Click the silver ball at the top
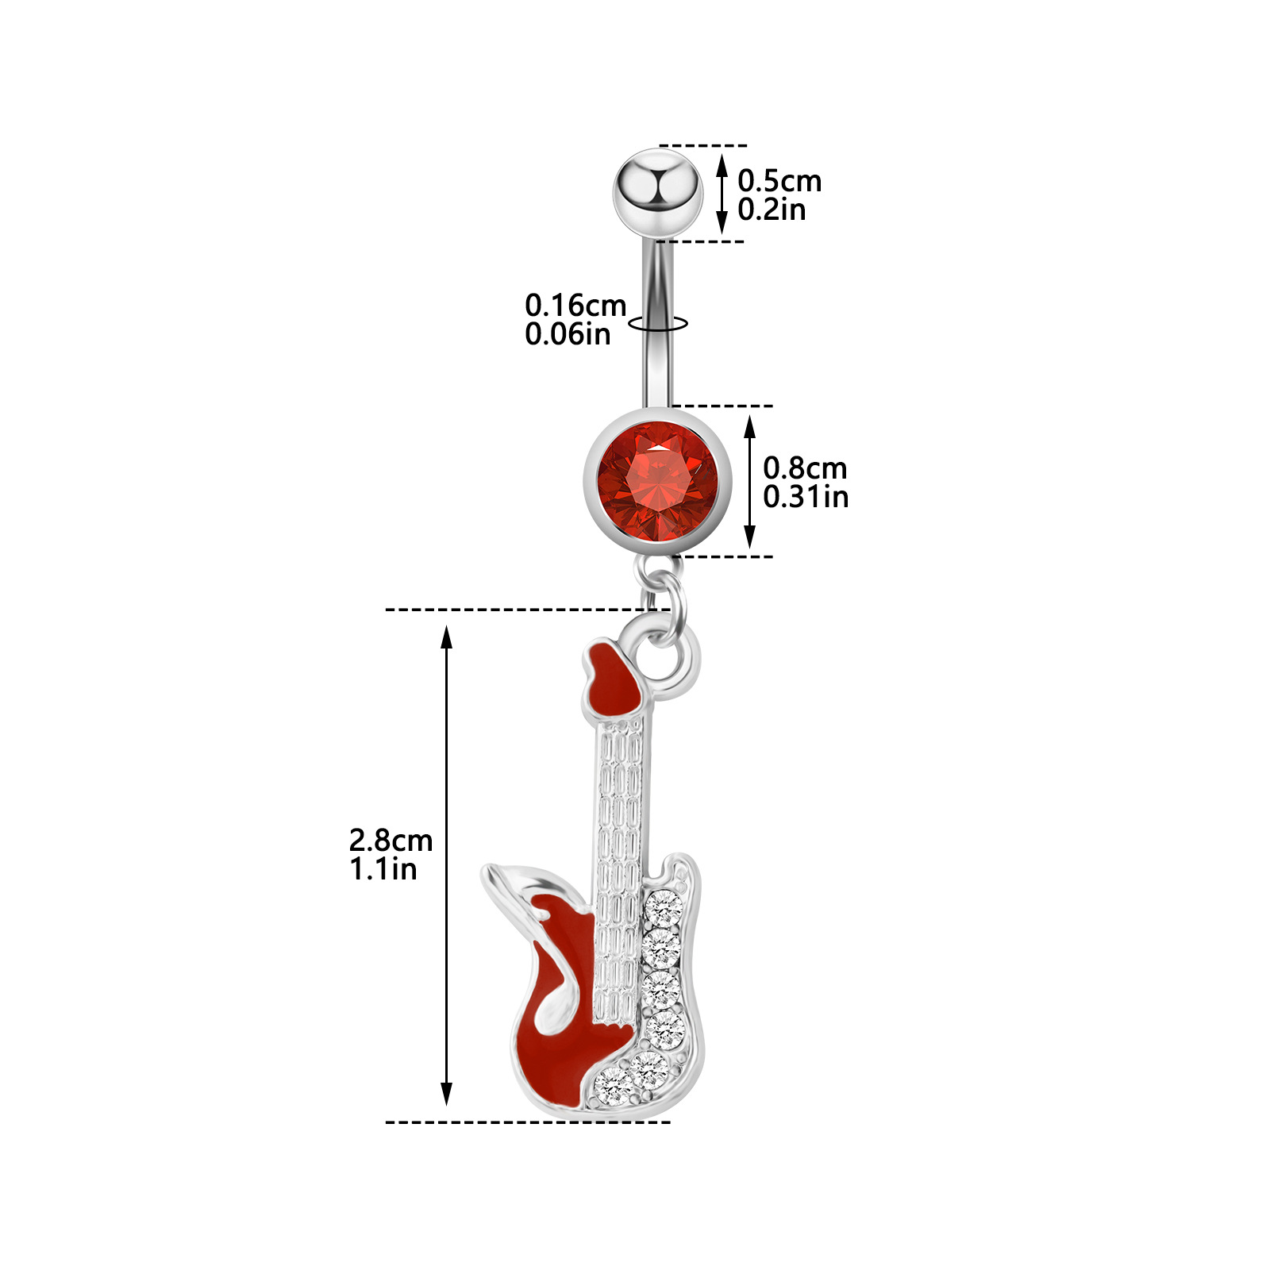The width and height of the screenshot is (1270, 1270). [657, 191]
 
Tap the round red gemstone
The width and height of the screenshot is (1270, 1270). [657, 481]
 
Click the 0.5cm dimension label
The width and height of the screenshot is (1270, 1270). [779, 181]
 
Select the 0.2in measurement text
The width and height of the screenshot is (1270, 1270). [772, 210]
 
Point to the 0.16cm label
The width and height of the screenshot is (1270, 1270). [575, 305]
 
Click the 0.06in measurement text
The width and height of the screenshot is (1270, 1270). [568, 334]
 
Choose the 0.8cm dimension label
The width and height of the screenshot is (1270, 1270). [805, 468]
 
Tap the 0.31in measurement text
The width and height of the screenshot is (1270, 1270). [806, 497]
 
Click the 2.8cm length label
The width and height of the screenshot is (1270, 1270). [391, 840]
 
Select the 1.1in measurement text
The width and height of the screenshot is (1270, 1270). [383, 869]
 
